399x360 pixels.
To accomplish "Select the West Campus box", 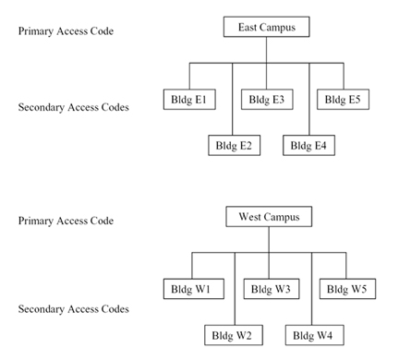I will (269, 218).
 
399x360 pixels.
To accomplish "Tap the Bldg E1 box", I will (190, 98).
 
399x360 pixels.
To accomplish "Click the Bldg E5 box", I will (344, 98).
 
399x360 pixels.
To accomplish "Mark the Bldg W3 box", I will (270, 289).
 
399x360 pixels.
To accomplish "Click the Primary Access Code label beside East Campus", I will (66, 30).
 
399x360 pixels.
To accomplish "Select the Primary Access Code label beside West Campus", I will (66, 222).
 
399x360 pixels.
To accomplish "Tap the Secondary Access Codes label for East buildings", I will (73, 107).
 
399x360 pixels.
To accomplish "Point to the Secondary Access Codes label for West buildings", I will (73, 308).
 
